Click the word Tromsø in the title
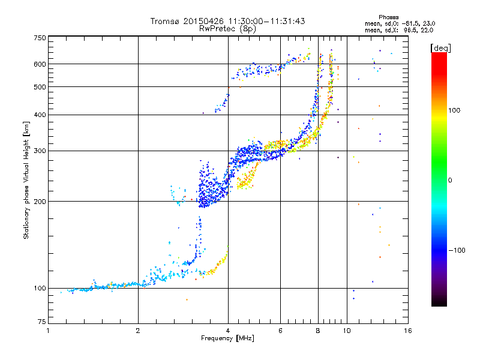tap(165, 21)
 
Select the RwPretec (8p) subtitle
tap(227, 29)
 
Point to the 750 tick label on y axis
tap(40, 38)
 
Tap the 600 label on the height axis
tap(40, 64)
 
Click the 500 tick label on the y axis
tap(40, 87)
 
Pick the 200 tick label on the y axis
tap(40, 202)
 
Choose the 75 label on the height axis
tap(42, 322)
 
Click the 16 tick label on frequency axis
tap(408, 331)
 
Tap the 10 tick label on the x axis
tap(347, 331)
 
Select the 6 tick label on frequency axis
tap(280, 331)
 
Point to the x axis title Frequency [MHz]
tap(227, 338)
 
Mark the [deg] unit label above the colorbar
tap(440, 48)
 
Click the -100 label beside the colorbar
tap(457, 250)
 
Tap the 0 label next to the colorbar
tap(450, 181)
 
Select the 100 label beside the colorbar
tap(454, 110)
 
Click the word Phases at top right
tap(388, 17)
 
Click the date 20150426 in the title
tap(203, 21)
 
